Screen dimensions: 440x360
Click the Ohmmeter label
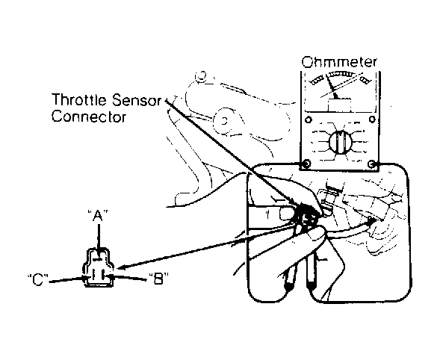(x=339, y=62)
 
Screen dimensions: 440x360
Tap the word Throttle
(x=79, y=100)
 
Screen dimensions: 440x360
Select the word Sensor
(x=137, y=100)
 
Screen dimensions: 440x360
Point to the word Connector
(x=89, y=117)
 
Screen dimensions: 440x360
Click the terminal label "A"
(x=98, y=216)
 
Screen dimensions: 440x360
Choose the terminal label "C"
(x=38, y=279)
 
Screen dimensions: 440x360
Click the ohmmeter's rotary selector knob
(x=340, y=142)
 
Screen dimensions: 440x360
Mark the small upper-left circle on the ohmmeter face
(x=309, y=120)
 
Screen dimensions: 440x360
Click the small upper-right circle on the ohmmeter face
(x=372, y=120)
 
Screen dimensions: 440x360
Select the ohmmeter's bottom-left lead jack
(x=306, y=164)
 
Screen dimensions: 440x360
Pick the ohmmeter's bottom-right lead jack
(x=372, y=164)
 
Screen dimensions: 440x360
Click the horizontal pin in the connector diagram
(x=98, y=260)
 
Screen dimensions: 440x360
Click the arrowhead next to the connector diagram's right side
(x=121, y=267)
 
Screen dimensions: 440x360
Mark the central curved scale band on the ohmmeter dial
(x=341, y=74)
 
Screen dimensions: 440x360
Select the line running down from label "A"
(x=99, y=237)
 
